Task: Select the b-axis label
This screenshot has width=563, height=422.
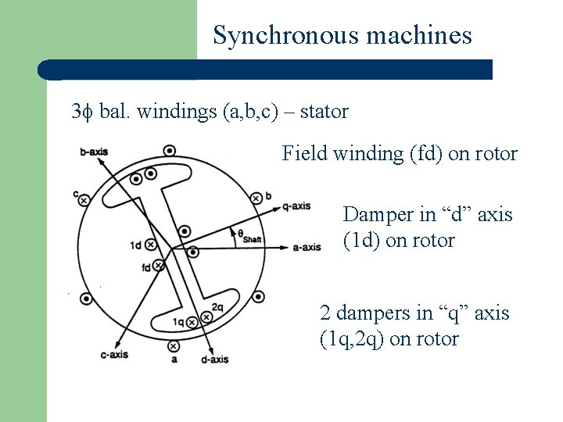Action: click(94, 152)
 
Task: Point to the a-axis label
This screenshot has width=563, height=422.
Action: click(307, 248)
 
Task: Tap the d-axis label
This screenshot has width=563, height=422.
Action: click(214, 359)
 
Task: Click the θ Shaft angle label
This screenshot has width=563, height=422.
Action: click(249, 234)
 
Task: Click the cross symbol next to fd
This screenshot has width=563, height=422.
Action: click(160, 266)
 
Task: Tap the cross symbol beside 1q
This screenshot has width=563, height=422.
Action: click(189, 320)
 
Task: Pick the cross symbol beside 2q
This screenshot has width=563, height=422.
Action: click(206, 316)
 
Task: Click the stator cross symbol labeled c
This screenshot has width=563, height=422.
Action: click(84, 200)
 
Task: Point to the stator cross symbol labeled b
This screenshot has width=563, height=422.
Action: click(256, 198)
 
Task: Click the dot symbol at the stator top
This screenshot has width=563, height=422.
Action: click(170, 151)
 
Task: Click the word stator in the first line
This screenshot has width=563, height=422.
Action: click(324, 112)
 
